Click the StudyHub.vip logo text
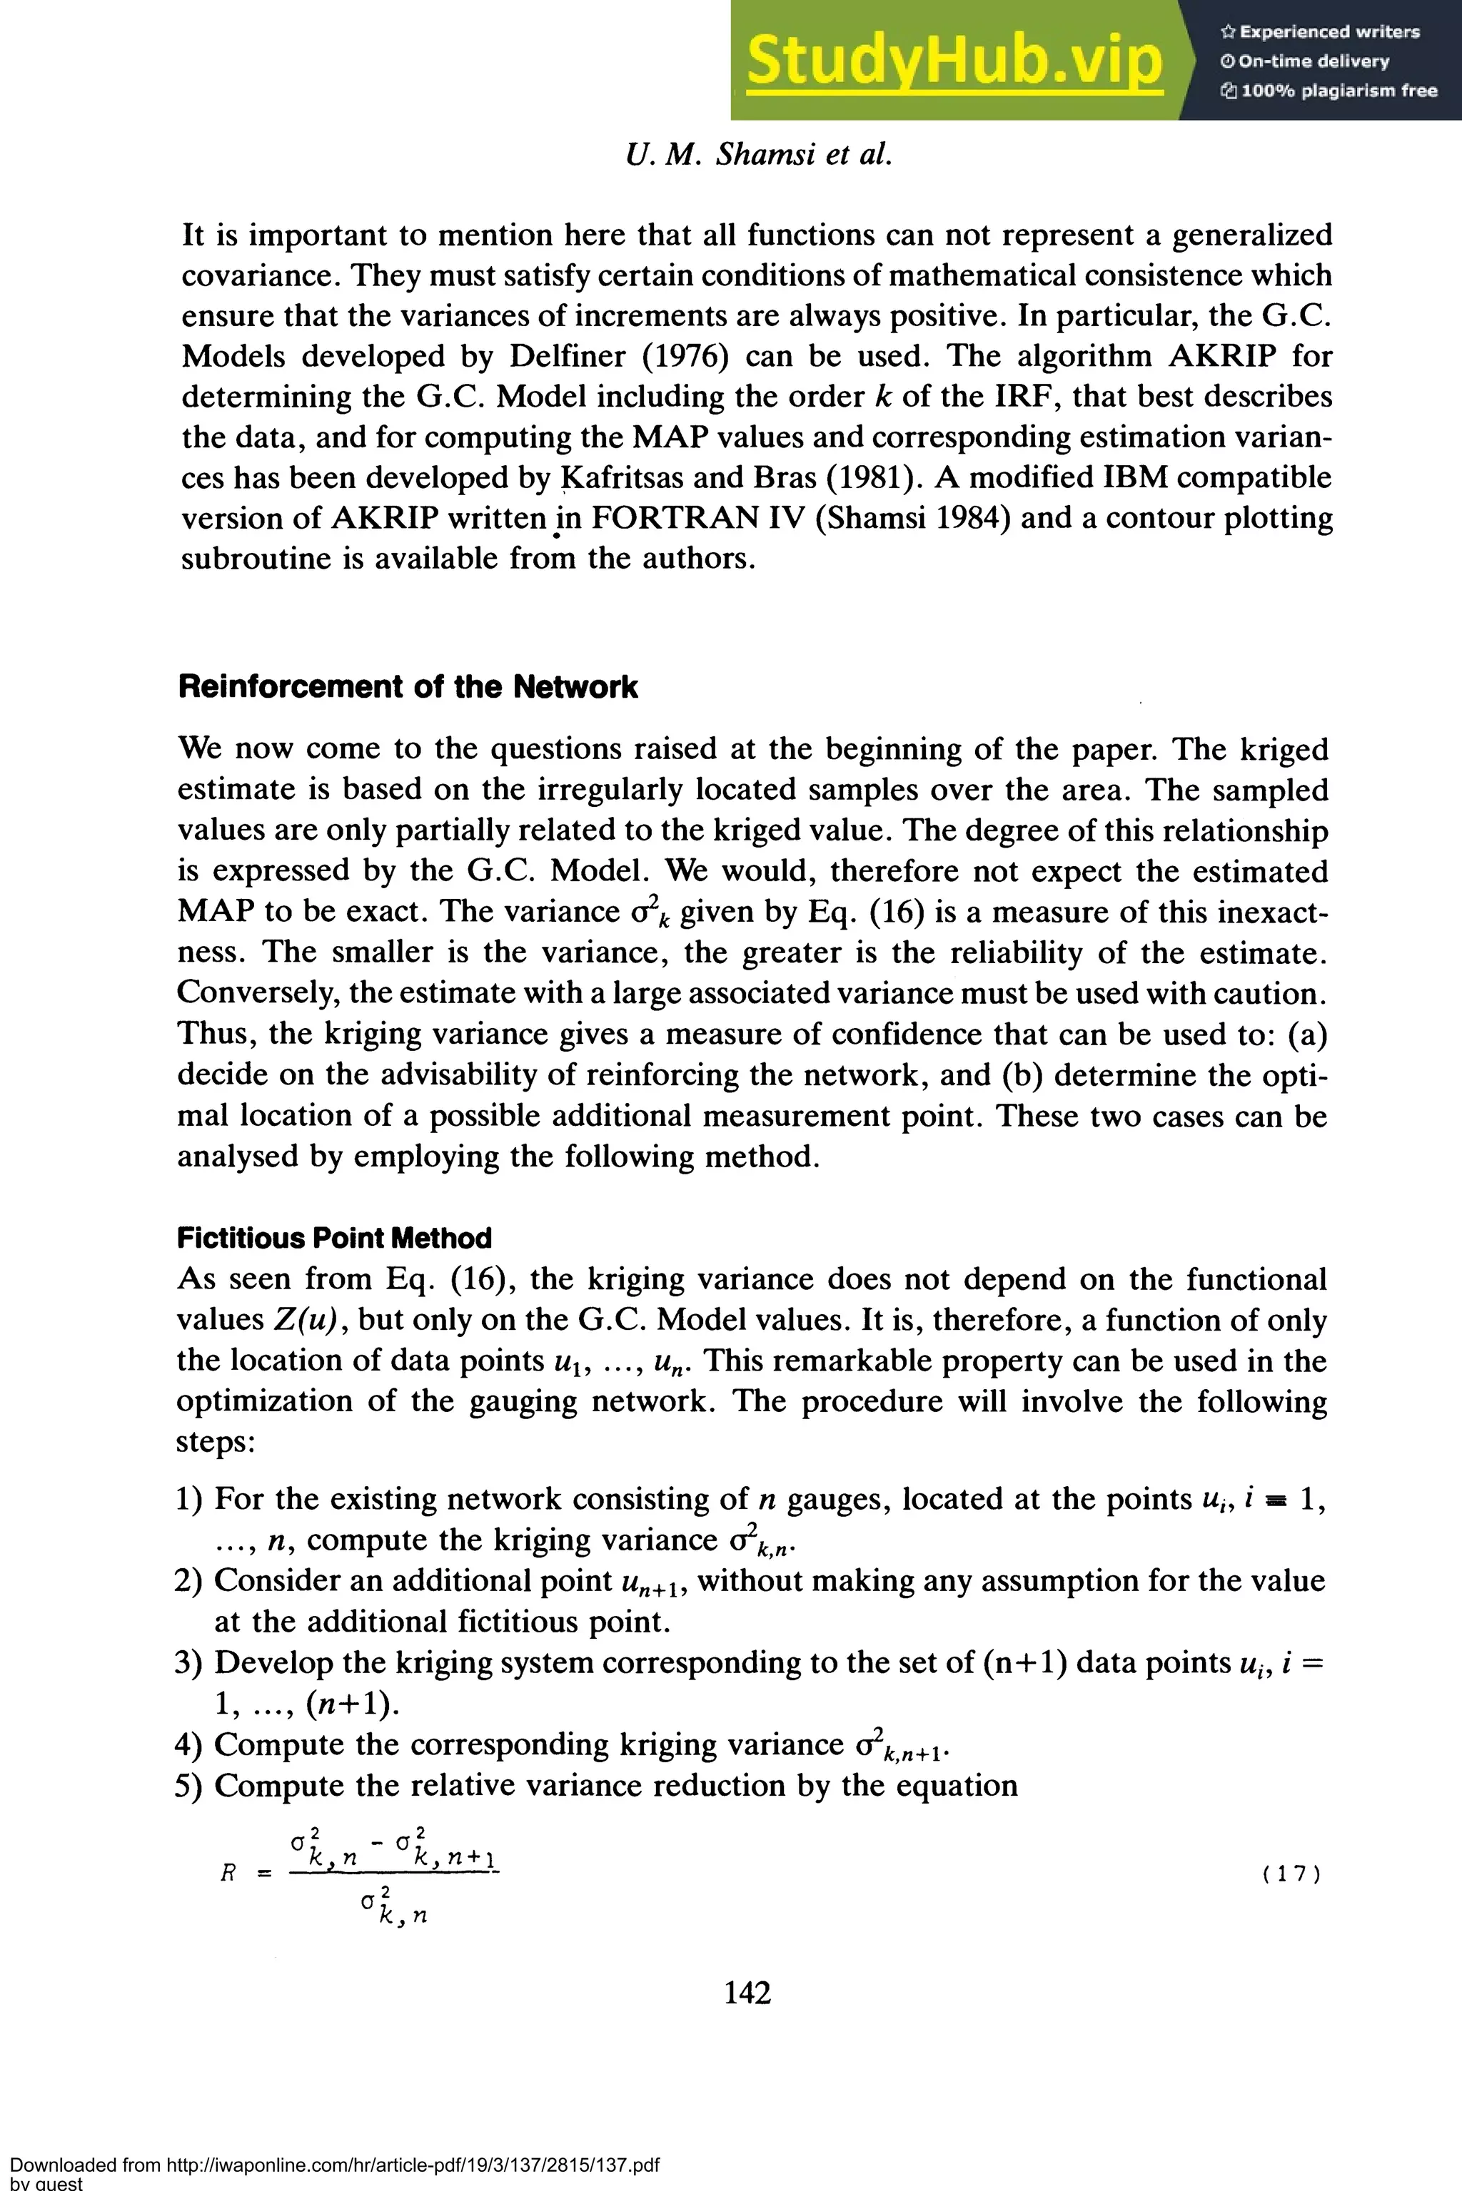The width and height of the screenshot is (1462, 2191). pyautogui.click(x=954, y=61)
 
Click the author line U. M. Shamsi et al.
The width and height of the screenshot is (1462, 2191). pyautogui.click(x=760, y=154)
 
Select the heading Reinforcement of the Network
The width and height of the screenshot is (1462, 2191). pyautogui.click(x=408, y=687)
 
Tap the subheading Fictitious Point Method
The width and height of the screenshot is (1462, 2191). pyautogui.click(x=334, y=1238)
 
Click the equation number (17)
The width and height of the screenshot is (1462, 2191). pyautogui.click(x=1291, y=1874)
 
